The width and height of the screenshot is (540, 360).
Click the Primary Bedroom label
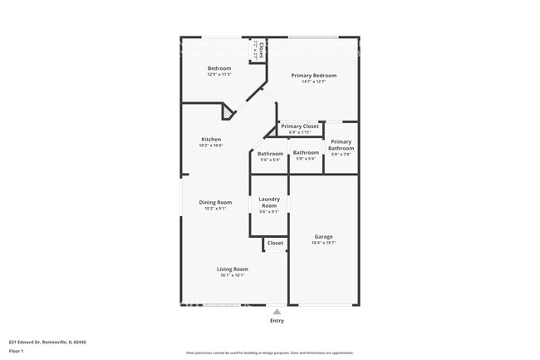(x=313, y=76)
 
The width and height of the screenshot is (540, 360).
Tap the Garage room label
(x=323, y=237)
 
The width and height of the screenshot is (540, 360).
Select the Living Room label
(x=233, y=269)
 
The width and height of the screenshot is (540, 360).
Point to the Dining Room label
(x=214, y=202)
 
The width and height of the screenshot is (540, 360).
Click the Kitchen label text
(x=211, y=139)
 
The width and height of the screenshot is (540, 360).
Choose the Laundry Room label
(x=269, y=202)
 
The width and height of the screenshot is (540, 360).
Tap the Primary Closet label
(x=299, y=126)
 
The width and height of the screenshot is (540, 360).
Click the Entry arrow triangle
(x=277, y=312)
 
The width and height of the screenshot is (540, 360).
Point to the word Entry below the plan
(x=277, y=321)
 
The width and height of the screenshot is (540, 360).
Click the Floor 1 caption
(x=16, y=352)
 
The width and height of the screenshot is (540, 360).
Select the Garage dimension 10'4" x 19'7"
(x=323, y=244)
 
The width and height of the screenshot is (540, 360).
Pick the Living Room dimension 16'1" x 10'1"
(x=233, y=275)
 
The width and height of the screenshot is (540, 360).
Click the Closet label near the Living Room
(x=275, y=244)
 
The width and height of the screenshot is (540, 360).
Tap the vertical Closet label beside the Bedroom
(x=261, y=50)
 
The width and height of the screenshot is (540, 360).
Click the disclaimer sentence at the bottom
(x=269, y=352)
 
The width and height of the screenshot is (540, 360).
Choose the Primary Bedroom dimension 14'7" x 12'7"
(x=313, y=81)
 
